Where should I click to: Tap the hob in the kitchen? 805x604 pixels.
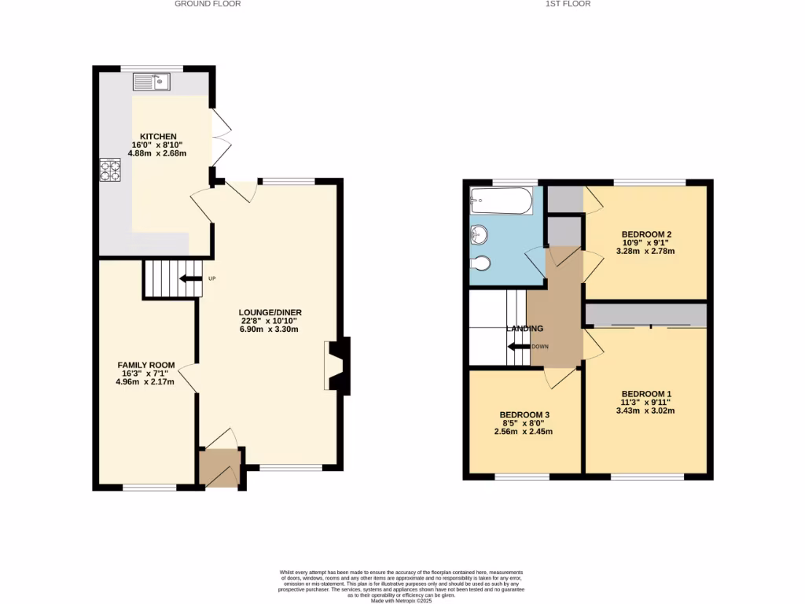click(x=109, y=170)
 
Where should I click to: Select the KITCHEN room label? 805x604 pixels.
click(x=158, y=136)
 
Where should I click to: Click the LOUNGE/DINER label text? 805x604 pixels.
click(x=271, y=312)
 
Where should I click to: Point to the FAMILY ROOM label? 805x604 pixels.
click(x=146, y=365)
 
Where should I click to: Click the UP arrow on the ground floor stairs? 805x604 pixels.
click(x=190, y=278)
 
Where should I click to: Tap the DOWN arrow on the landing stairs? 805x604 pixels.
click(x=518, y=347)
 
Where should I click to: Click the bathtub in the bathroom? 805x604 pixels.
click(x=501, y=201)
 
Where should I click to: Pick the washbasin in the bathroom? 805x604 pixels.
click(x=480, y=234)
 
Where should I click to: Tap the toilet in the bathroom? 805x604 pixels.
click(x=480, y=263)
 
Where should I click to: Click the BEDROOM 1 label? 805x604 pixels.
click(x=646, y=393)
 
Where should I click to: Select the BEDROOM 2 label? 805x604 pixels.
click(x=646, y=234)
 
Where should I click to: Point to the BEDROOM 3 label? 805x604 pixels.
click(x=524, y=414)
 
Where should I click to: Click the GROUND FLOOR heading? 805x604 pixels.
click(x=208, y=4)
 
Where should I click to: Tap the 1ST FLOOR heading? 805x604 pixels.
click(x=568, y=4)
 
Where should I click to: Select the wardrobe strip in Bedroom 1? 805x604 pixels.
click(x=646, y=315)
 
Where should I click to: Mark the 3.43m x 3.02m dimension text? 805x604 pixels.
click(x=646, y=411)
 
